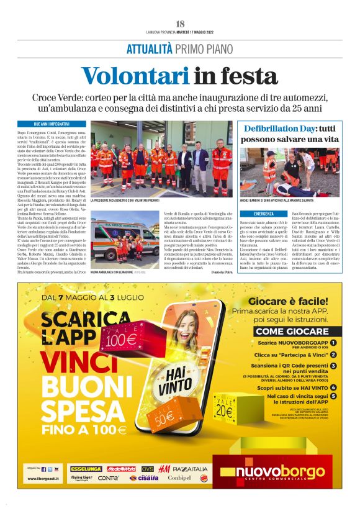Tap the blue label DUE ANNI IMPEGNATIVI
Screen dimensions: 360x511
coord(51,124)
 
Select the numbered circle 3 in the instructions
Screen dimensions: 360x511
coord(333,366)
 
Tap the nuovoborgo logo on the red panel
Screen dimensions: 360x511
coord(274,475)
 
